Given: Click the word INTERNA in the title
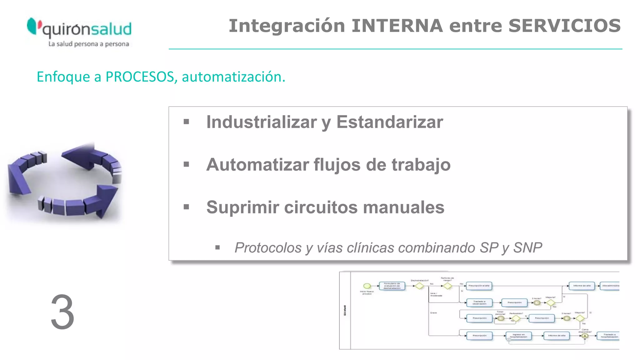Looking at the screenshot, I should point(397,26).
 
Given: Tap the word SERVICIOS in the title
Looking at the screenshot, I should point(564,26).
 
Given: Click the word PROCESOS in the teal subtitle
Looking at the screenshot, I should point(139,77).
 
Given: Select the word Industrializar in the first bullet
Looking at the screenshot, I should point(261,122).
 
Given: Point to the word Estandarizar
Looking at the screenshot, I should point(389,122).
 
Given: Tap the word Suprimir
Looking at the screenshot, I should point(242,207).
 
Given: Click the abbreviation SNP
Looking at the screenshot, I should point(527,248).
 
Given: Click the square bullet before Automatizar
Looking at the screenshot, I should point(187,164).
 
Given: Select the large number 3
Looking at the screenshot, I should point(62,312).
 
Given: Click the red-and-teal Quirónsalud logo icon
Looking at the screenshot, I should point(34,26).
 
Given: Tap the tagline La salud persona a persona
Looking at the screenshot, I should point(88,44).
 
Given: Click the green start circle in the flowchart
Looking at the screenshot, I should point(367,286).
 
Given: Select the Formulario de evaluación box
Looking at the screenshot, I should point(392,286).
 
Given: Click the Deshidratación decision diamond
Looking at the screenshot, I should point(419,286).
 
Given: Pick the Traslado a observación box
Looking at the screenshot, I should point(479,302).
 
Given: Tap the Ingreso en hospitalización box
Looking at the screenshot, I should point(518,336).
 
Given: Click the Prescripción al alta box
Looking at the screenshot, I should point(479,286).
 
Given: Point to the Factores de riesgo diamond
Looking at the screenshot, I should point(447,286).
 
